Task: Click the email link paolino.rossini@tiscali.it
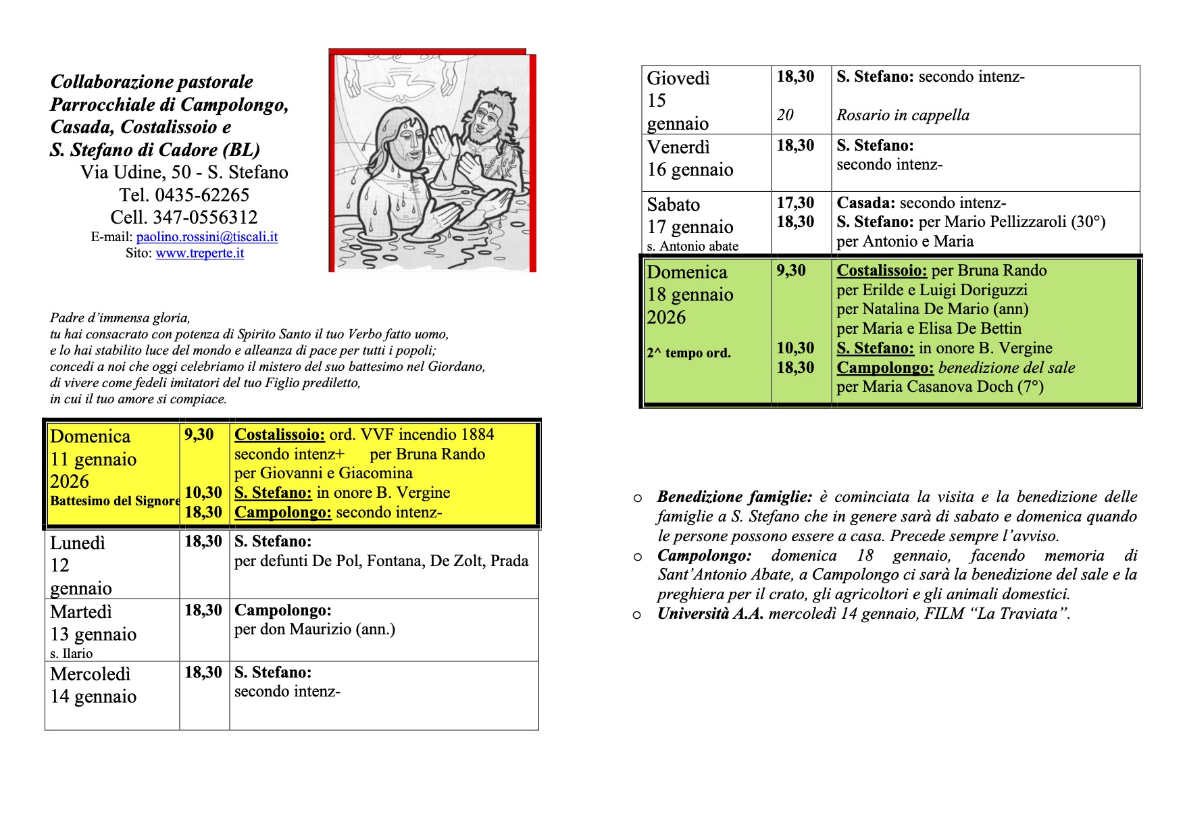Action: point(207,237)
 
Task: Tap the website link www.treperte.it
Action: point(199,253)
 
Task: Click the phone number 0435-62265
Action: point(202,195)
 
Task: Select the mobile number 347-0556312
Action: point(205,218)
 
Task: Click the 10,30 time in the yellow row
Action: point(203,492)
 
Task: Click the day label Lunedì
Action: point(78,543)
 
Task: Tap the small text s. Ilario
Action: point(72,653)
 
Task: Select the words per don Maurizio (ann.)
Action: point(314,630)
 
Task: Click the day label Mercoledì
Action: point(90,674)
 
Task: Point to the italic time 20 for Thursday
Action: point(785,115)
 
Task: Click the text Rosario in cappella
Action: point(903,116)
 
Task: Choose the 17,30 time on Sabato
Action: point(795,203)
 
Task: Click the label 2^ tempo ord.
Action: point(688,353)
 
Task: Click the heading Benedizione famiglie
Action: point(734,497)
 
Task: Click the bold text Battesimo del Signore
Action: point(115,501)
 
